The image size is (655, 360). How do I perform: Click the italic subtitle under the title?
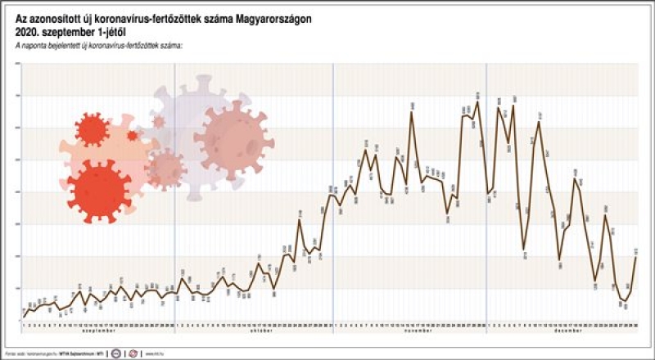tap(98, 41)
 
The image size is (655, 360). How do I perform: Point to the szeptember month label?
tap(98, 331)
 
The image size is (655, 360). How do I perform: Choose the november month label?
tap(409, 331)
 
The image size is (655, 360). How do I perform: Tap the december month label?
tap(562, 331)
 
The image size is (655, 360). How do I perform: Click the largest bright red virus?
tap(99, 190)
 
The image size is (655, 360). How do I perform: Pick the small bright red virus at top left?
tap(91, 129)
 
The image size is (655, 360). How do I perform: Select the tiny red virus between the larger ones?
tap(132, 135)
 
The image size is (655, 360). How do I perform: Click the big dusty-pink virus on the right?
tap(234, 136)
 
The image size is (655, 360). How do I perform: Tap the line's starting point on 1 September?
tap(23, 316)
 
